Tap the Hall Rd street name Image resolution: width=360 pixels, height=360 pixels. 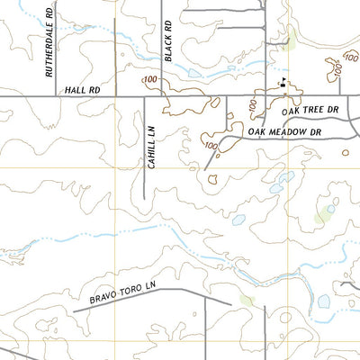coord(81,90)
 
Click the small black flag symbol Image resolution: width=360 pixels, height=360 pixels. coord(283,83)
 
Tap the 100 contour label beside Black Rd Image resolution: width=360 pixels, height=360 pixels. coord(150,81)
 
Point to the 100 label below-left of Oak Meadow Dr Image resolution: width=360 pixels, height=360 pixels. coord(212,145)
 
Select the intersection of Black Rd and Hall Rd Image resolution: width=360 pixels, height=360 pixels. coord(162,95)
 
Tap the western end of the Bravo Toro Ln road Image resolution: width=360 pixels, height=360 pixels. coord(74,310)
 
